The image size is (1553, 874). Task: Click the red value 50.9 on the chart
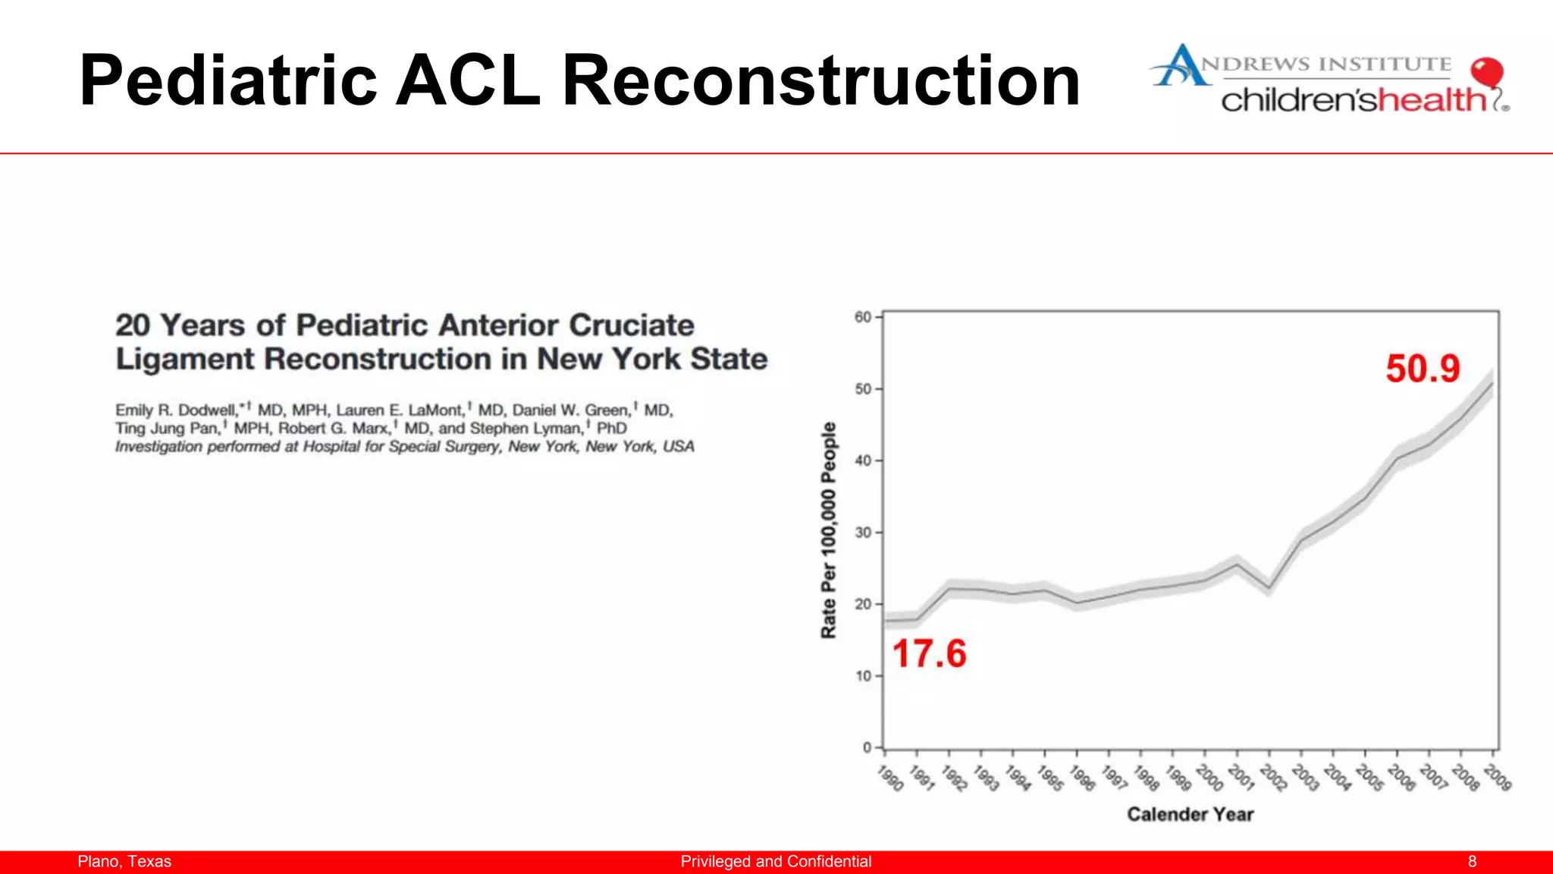pyautogui.click(x=1423, y=369)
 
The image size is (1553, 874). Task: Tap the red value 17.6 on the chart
pyautogui.click(x=929, y=654)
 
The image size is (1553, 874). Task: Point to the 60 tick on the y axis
pyautogui.click(x=863, y=317)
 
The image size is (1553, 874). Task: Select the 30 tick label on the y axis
pyautogui.click(x=863, y=533)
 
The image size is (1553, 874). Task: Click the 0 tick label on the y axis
pyautogui.click(x=867, y=747)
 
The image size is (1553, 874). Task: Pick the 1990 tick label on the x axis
pyautogui.click(x=890, y=778)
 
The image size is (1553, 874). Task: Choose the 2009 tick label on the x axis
pyautogui.click(x=1498, y=778)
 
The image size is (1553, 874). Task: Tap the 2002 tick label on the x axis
pyautogui.click(x=1274, y=778)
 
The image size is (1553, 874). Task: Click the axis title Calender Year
pyautogui.click(x=1190, y=815)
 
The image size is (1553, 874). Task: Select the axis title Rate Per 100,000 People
pyautogui.click(x=829, y=530)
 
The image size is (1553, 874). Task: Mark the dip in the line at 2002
pyautogui.click(x=1269, y=587)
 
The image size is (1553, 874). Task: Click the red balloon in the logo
pyautogui.click(x=1486, y=73)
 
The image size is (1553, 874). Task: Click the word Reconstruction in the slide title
pyautogui.click(x=820, y=80)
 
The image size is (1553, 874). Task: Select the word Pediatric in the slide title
pyautogui.click(x=227, y=80)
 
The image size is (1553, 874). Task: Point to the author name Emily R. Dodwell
pyautogui.click(x=176, y=410)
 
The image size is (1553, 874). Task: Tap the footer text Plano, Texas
pyautogui.click(x=124, y=862)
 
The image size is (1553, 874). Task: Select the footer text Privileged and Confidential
pyautogui.click(x=776, y=862)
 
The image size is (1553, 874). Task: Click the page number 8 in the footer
pyautogui.click(x=1472, y=862)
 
